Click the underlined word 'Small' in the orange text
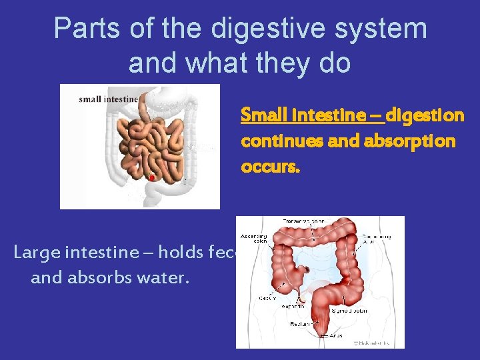click(x=261, y=116)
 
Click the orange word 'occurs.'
click(x=271, y=167)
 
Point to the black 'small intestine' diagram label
click(x=108, y=100)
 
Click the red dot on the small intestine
click(x=152, y=178)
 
